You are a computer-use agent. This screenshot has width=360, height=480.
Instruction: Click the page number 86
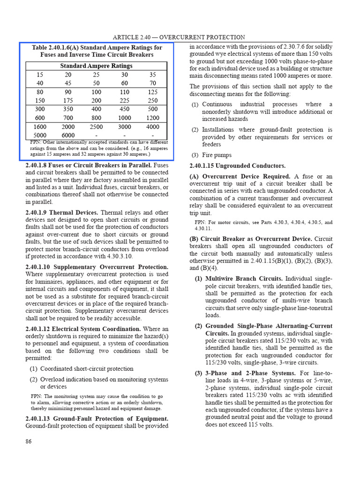pyautogui.click(x=29, y=441)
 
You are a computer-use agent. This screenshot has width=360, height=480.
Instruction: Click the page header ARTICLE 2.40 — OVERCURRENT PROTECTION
pyautogui.click(x=179, y=37)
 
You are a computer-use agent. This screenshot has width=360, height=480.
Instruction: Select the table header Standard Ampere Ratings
pyautogui.click(x=96, y=66)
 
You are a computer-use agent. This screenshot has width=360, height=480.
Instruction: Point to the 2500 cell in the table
pyautogui.click(x=96, y=127)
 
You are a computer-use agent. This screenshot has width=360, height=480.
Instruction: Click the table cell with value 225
pyautogui.click(x=125, y=100)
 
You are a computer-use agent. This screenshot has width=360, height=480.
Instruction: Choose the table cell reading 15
pyautogui.click(x=40, y=75)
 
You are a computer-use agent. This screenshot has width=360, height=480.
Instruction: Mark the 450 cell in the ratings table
pyautogui.click(x=125, y=109)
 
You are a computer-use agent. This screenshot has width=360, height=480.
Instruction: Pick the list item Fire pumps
pyautogui.click(x=217, y=155)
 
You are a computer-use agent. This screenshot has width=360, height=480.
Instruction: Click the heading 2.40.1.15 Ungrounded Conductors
pyautogui.click(x=237, y=166)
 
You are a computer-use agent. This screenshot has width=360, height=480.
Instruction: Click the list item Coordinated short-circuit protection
pyautogui.click(x=87, y=369)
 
